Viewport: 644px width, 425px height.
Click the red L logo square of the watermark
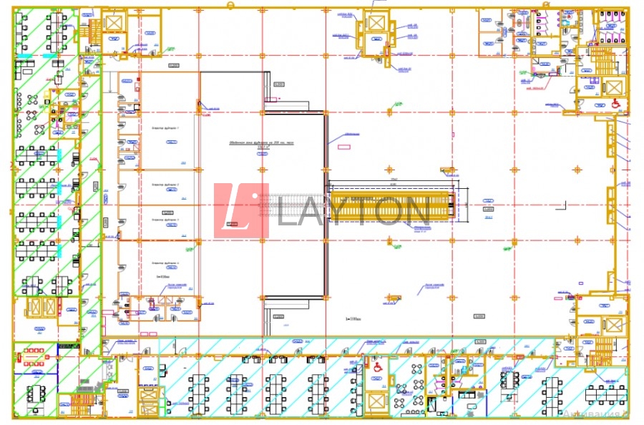(241, 211)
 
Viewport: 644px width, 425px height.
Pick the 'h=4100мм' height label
(167, 275)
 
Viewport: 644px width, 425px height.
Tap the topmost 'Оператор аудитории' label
(166, 127)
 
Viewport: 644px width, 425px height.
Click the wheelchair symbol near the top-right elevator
(615, 103)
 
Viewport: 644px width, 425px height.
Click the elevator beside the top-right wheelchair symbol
(614, 87)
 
